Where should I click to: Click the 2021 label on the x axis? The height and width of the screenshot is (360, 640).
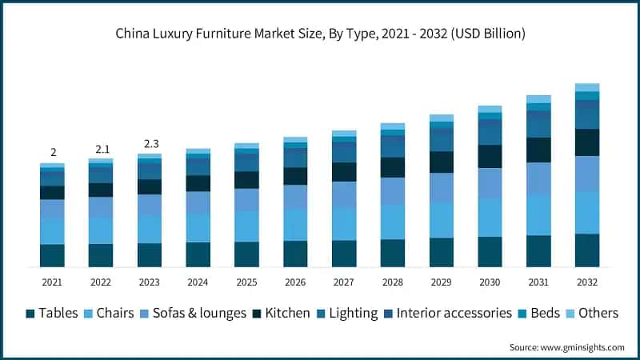click(52, 282)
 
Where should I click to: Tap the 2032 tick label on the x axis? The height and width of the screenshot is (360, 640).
click(586, 282)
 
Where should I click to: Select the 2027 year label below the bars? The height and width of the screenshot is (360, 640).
click(343, 282)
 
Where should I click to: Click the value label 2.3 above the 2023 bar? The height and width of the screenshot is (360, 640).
click(150, 144)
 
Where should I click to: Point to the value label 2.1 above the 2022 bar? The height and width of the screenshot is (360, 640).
click(101, 150)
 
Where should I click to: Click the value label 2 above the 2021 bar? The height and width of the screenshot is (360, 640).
click(53, 153)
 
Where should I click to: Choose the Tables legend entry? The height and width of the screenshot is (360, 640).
click(53, 313)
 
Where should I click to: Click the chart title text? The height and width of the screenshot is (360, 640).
click(320, 34)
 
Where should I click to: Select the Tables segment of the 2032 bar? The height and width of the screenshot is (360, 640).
click(587, 250)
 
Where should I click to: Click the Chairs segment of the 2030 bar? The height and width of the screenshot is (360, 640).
click(490, 217)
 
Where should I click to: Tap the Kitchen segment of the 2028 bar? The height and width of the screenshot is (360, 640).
click(392, 167)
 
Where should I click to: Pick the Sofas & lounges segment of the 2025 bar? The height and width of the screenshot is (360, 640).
click(246, 199)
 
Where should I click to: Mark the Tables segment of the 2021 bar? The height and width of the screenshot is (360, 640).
click(52, 255)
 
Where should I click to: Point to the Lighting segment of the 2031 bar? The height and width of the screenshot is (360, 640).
click(538, 126)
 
